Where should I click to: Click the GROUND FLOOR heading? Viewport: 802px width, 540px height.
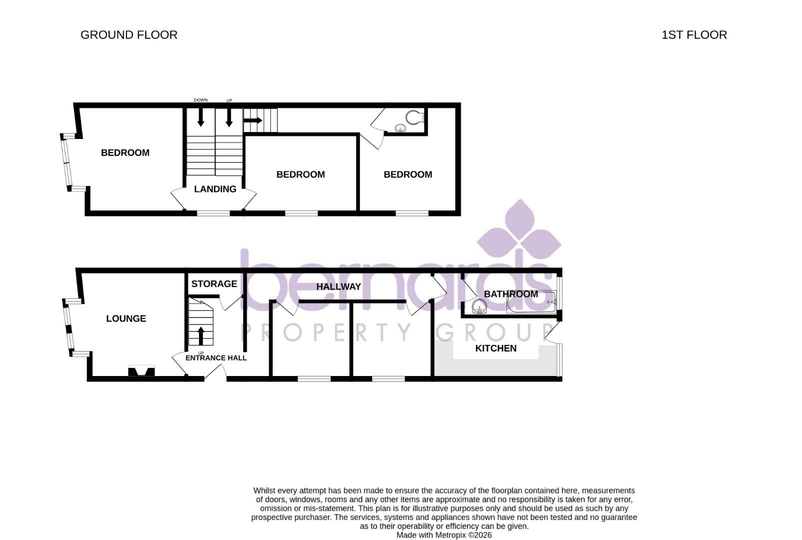[129, 35]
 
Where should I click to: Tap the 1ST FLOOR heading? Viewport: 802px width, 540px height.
[694, 35]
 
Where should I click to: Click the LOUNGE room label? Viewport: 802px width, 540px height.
[126, 318]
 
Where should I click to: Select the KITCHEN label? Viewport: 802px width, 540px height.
[495, 348]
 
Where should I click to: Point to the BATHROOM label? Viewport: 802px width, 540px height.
[510, 294]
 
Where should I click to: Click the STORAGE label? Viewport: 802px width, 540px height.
[214, 284]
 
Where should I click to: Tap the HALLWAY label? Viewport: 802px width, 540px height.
[338, 286]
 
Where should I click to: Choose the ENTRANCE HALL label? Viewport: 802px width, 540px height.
[216, 358]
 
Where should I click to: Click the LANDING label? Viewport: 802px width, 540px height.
[215, 189]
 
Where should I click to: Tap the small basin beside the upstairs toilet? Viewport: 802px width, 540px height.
[400, 128]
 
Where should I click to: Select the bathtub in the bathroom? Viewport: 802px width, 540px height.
[531, 302]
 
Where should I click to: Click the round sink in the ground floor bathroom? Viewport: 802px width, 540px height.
[479, 306]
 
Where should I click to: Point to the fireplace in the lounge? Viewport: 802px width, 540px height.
[141, 371]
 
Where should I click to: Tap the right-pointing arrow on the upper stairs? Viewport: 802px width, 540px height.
[253, 120]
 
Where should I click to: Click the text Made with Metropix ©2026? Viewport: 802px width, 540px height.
[444, 535]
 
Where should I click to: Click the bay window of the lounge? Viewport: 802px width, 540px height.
[68, 327]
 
